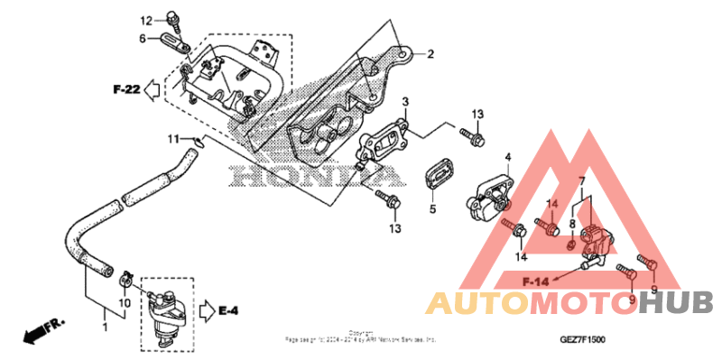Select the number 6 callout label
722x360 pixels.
click(143, 38)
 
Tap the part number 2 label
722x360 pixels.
click(430, 54)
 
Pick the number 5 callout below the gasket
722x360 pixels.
click(431, 209)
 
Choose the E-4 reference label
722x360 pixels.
click(227, 312)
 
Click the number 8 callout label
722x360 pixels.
click(571, 223)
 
